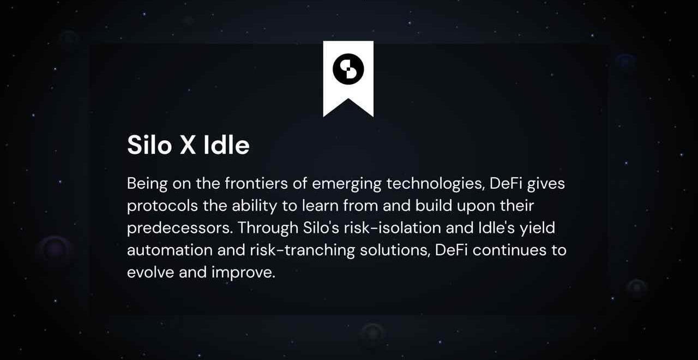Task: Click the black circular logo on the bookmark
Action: [348, 69]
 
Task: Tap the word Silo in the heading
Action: [149, 145]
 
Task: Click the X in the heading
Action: [188, 145]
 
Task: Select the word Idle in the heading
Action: [226, 145]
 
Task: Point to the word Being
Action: [147, 184]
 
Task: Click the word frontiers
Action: [256, 183]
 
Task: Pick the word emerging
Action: [346, 184]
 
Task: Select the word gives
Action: [546, 184]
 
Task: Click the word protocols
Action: [163, 206]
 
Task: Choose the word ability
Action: [254, 206]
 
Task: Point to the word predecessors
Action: [180, 228]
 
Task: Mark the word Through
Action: [268, 228]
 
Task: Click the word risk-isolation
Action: [392, 228]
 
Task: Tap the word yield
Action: [537, 228]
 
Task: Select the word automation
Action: [170, 250]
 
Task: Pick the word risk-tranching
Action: [302, 250]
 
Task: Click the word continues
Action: [509, 250]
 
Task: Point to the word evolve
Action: [151, 272]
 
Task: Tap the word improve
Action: [243, 273]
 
